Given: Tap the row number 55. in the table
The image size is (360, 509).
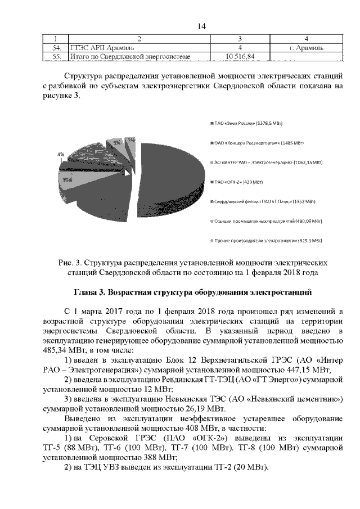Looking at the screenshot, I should [x=56, y=57].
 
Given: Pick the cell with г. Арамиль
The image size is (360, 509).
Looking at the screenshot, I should [x=306, y=48].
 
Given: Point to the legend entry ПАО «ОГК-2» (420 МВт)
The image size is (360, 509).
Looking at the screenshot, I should [x=238, y=182].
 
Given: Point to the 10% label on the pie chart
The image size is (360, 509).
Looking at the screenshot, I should [x=66, y=180].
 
